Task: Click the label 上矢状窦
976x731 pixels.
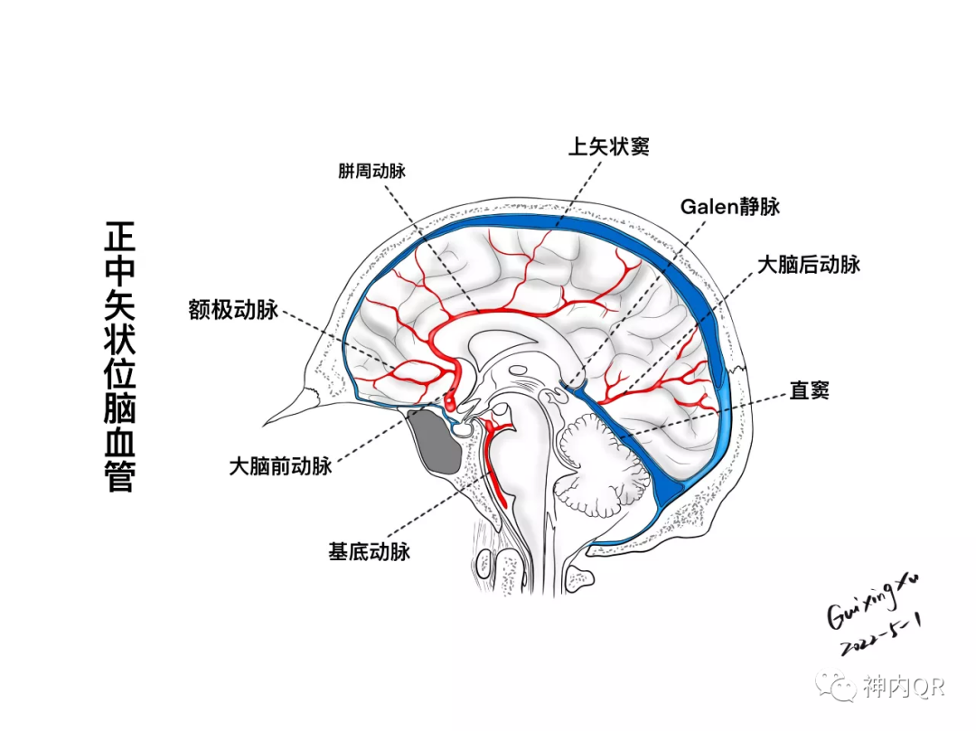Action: pos(607,146)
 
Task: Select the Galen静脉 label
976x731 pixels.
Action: pos(729,206)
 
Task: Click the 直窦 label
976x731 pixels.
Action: pos(809,391)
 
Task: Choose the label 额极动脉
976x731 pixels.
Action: pos(233,310)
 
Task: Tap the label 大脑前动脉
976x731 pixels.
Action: pos(280,466)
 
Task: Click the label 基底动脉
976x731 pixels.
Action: pos(369,551)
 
